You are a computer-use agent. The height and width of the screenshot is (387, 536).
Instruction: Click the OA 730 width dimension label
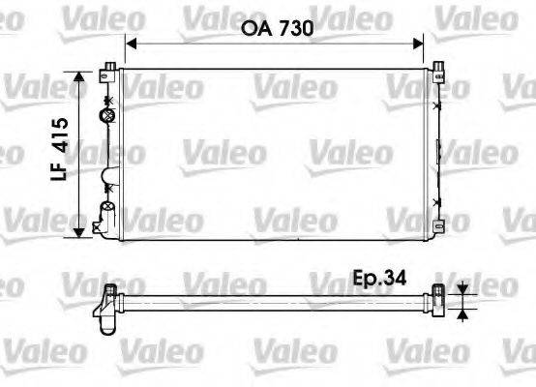pyautogui.click(x=275, y=30)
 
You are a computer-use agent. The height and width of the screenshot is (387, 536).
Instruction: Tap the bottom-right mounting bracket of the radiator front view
pyautogui.click(x=441, y=227)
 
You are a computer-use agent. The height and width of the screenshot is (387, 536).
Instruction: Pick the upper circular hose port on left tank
pyautogui.click(x=107, y=115)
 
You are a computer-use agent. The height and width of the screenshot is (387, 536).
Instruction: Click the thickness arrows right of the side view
pyautogui.click(x=463, y=299)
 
